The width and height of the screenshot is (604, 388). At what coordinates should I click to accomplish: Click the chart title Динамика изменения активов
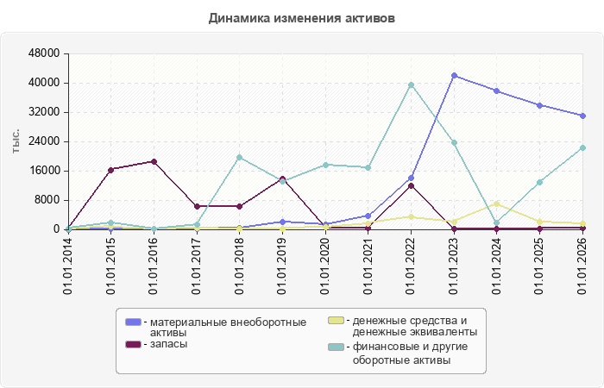click(302, 18)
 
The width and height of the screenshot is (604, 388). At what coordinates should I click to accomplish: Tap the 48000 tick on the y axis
click(44, 53)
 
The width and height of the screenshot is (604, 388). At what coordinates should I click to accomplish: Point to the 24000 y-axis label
click(44, 141)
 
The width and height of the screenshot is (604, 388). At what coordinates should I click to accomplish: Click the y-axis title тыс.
click(16, 141)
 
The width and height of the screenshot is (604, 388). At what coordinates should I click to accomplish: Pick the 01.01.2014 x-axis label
click(68, 266)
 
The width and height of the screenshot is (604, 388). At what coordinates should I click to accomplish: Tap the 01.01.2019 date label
click(282, 266)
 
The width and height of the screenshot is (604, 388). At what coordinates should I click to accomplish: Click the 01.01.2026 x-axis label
click(582, 266)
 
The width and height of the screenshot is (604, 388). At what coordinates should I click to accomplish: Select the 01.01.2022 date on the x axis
click(411, 266)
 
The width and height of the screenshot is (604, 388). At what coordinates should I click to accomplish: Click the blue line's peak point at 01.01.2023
click(455, 76)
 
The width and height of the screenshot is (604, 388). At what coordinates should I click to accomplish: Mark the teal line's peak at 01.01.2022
click(412, 85)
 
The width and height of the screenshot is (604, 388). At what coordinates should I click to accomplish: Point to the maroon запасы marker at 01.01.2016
click(154, 162)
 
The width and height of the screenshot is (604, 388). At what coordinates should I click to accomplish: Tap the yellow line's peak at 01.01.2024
click(497, 204)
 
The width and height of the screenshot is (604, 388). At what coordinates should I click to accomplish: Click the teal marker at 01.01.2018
click(240, 158)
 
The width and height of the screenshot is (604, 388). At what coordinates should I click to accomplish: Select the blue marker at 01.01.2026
click(582, 116)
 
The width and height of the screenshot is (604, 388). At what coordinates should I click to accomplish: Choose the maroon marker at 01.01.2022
click(412, 186)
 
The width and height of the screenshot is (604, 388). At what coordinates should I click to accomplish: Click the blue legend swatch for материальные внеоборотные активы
click(133, 322)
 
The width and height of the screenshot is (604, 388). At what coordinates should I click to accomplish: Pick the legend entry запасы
click(168, 344)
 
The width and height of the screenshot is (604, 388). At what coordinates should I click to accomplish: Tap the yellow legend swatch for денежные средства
click(336, 320)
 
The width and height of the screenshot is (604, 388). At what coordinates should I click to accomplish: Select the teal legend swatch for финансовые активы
click(336, 347)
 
